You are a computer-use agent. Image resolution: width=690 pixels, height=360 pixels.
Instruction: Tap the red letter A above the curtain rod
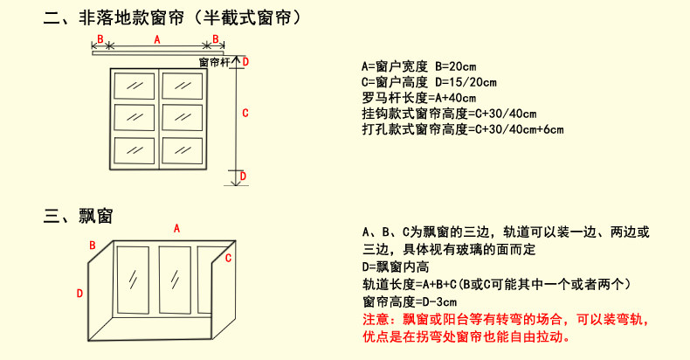click(156, 40)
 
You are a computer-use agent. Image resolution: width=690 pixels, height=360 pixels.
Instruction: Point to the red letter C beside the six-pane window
click(245, 113)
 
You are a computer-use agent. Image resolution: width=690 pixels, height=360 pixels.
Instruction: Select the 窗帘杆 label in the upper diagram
click(213, 62)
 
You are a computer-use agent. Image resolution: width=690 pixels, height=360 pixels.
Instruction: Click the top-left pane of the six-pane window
click(135, 87)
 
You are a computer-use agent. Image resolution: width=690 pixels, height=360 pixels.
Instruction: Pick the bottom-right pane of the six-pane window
click(183, 146)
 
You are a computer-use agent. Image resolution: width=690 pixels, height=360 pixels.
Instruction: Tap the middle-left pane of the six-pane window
click(135, 116)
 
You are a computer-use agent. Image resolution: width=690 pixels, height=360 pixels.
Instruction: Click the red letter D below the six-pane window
click(243, 176)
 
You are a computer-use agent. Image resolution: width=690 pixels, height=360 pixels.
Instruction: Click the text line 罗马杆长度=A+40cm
click(418, 98)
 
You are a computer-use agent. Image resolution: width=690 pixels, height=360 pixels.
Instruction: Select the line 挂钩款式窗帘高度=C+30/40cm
click(448, 114)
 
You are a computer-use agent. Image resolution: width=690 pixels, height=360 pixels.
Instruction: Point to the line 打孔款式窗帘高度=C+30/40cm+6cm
click(462, 129)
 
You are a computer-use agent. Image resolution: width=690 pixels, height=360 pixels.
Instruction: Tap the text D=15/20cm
click(467, 82)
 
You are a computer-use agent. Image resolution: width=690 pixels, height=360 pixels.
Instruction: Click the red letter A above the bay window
click(176, 227)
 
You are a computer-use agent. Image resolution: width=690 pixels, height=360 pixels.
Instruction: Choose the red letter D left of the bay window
click(79, 293)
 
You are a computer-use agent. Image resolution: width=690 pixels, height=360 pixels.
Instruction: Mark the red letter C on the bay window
click(229, 258)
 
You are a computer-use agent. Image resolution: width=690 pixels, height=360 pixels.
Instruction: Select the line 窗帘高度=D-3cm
click(411, 301)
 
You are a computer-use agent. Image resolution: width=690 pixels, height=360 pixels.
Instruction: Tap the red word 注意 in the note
click(374, 318)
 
